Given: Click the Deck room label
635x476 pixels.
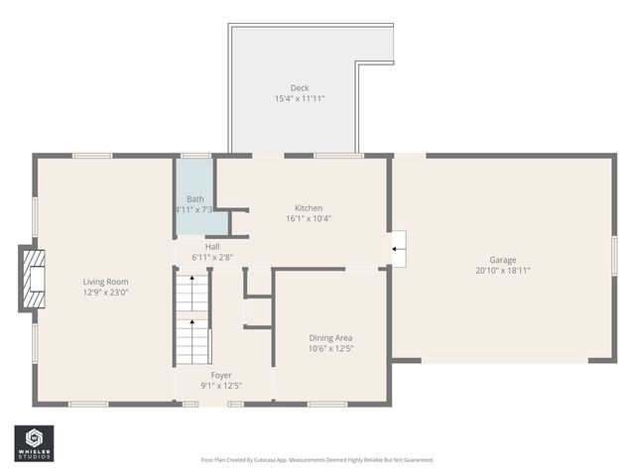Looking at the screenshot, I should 300,87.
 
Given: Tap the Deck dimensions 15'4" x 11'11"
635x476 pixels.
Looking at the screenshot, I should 300,99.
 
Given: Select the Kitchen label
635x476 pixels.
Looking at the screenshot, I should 308,207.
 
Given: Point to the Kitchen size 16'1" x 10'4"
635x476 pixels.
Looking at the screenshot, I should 308,219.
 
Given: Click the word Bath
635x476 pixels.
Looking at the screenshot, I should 195,198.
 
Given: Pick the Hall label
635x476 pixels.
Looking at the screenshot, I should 212,246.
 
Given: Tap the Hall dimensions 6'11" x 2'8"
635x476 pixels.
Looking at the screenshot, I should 212,258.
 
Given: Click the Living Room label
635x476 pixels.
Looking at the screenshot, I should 105,281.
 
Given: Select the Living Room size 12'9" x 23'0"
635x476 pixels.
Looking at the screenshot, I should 105,293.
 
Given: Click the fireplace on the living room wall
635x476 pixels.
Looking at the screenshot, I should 33,281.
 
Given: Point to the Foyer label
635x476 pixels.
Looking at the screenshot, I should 221,375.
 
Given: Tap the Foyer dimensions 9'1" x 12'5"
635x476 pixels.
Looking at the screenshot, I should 221,386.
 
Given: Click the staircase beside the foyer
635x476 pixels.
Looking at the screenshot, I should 192,319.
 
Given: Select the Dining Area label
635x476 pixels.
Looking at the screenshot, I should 330,337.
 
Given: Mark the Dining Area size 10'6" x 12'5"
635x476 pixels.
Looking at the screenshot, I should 330,349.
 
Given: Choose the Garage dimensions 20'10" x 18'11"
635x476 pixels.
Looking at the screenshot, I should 503,270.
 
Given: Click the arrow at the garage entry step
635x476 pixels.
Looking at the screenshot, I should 398,248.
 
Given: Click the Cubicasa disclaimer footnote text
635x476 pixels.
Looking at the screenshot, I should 317,460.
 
